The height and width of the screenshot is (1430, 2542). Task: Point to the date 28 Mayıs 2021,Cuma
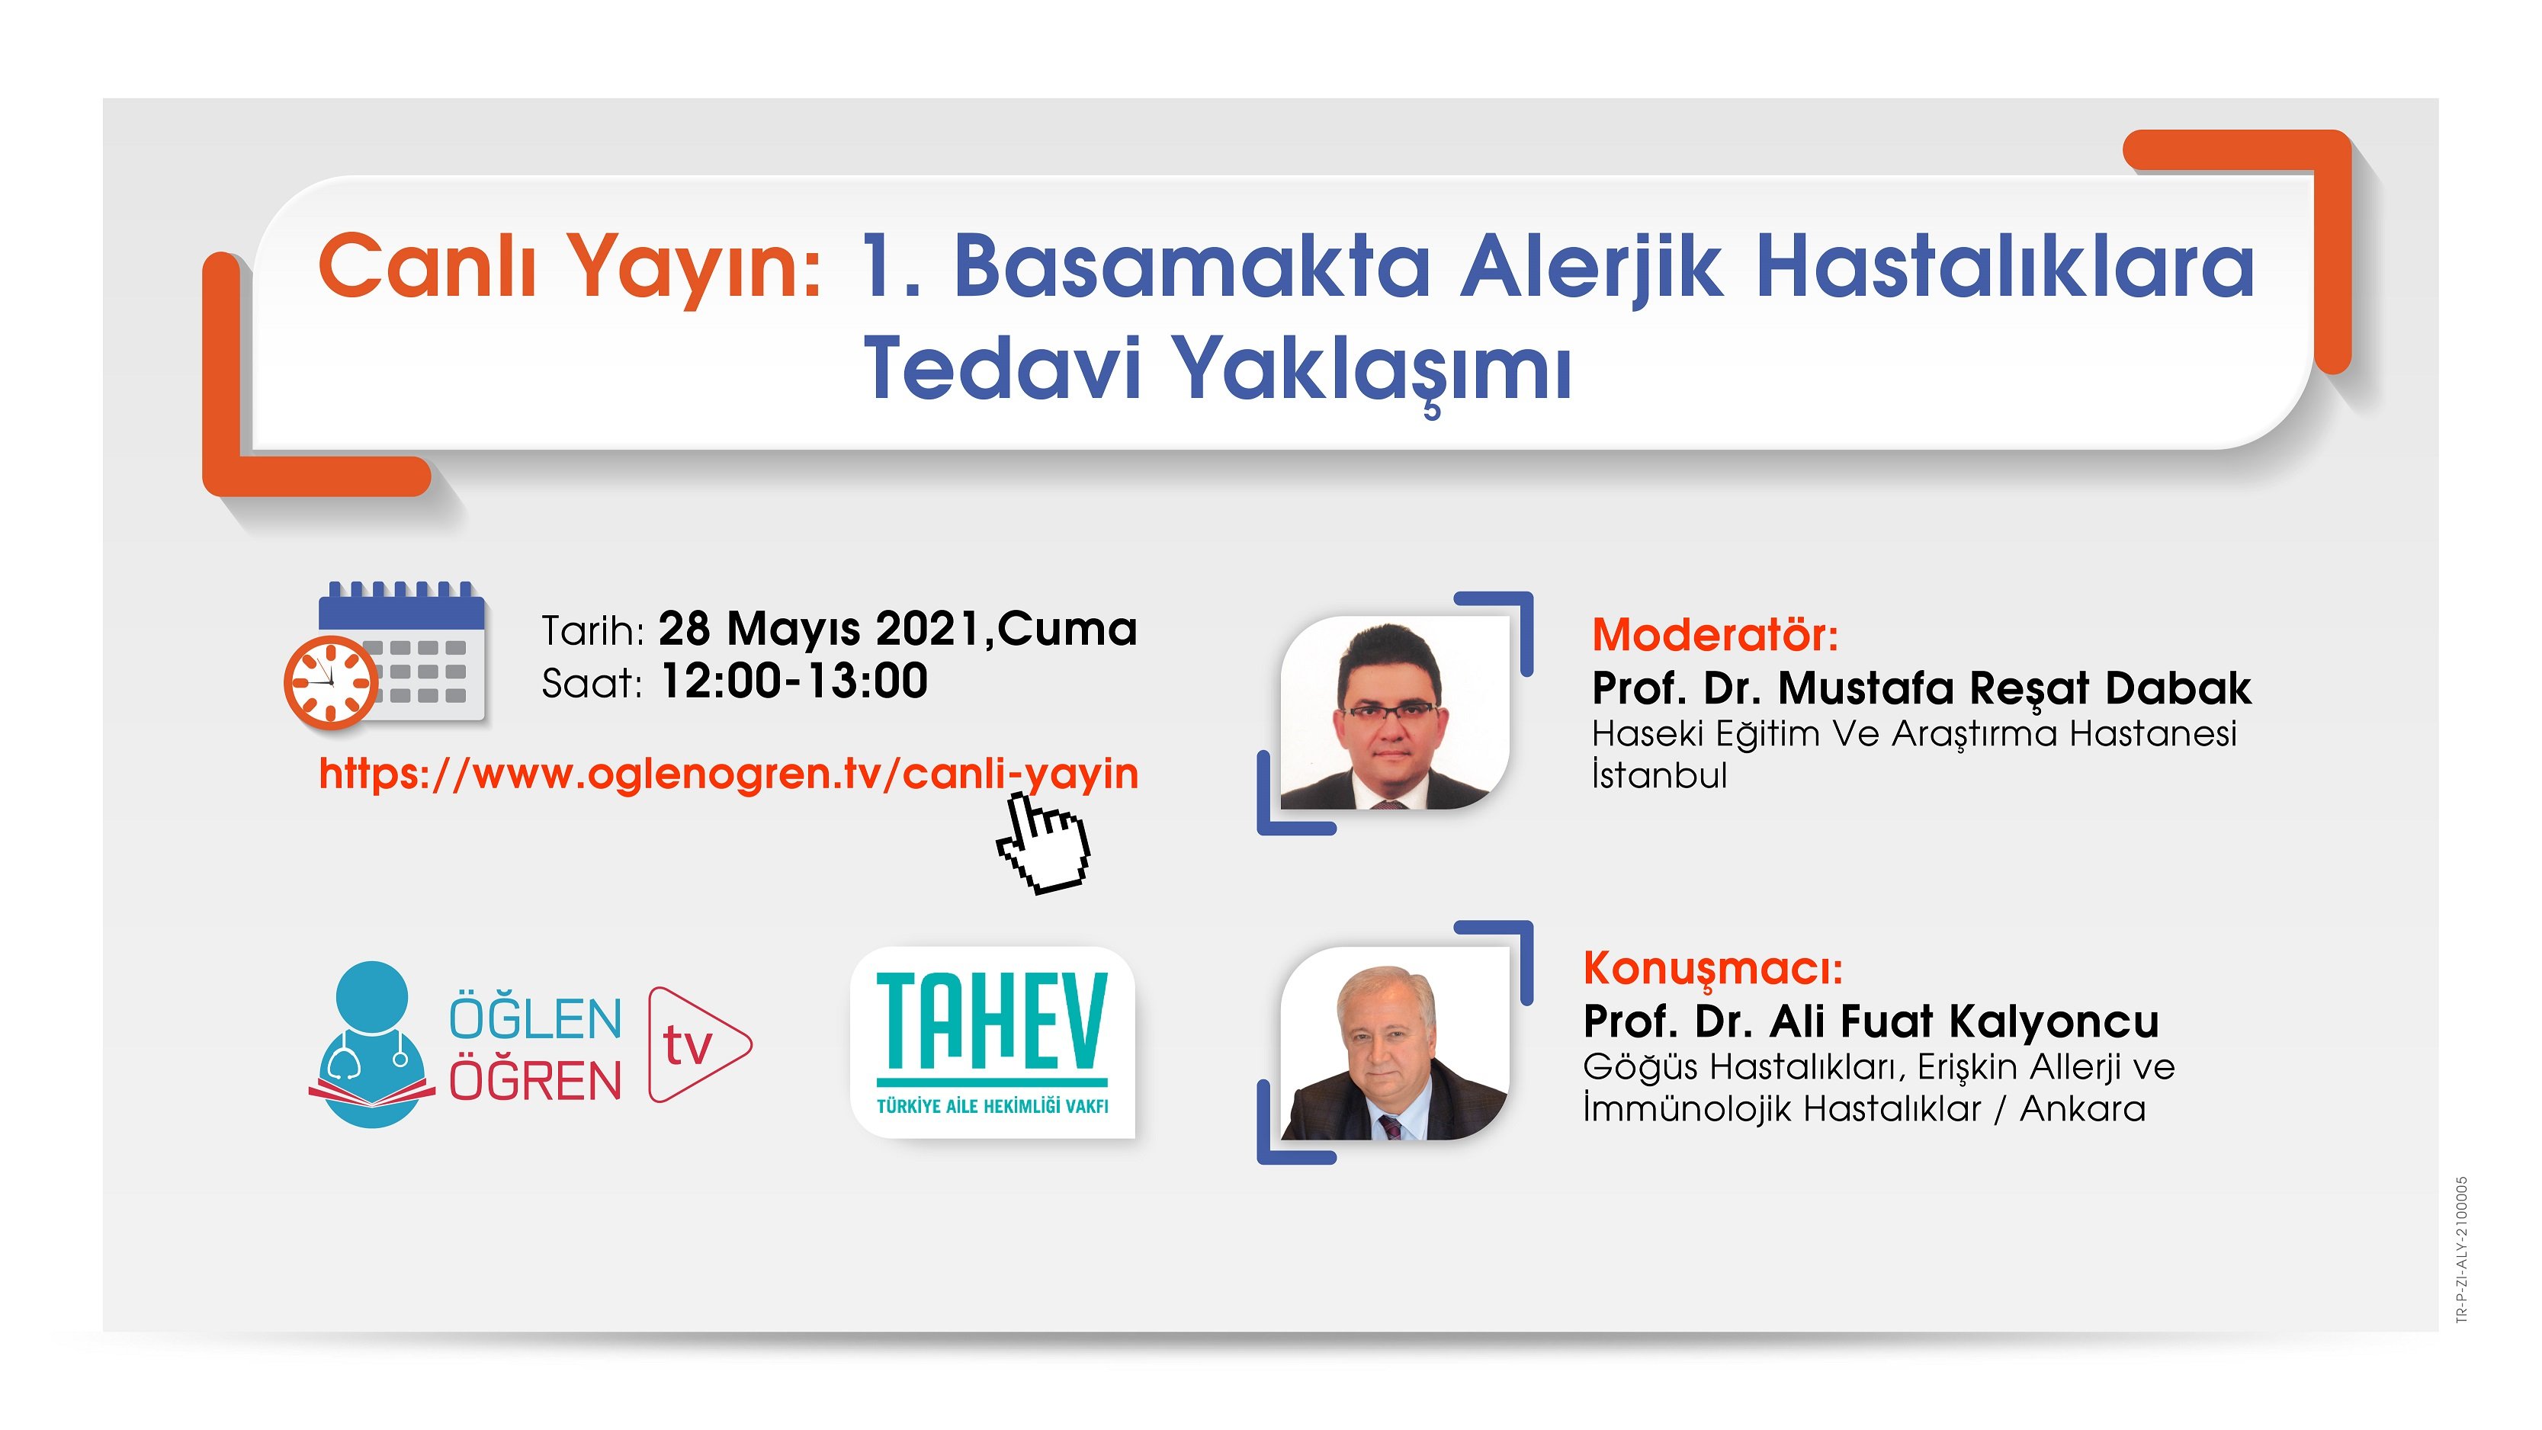(x=897, y=629)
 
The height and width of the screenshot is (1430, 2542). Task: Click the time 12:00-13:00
(x=794, y=681)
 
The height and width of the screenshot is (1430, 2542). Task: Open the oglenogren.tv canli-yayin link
(x=728, y=773)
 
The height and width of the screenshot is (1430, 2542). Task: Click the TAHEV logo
(x=993, y=1042)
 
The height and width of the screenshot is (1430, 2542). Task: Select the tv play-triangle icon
(x=697, y=1044)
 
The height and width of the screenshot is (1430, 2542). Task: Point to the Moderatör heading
(x=1715, y=634)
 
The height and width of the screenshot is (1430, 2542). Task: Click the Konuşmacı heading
(x=1712, y=968)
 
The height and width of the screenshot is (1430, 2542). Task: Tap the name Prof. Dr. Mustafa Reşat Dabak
(x=1921, y=688)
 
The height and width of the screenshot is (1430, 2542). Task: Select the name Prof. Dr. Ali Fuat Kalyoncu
(x=1871, y=1021)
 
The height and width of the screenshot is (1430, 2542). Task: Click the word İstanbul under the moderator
(x=1659, y=776)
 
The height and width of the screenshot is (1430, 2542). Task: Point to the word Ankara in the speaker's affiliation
(x=2082, y=1109)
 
